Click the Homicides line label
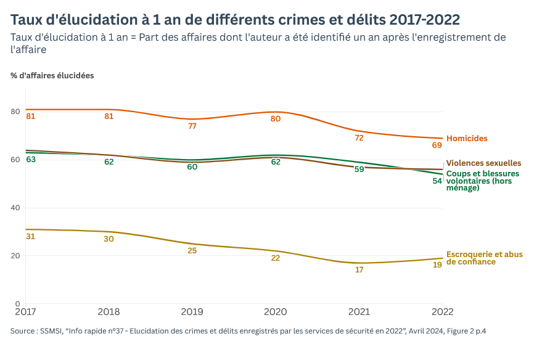point(467,139)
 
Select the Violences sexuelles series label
point(483,163)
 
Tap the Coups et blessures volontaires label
point(482,181)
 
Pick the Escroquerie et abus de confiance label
point(484,258)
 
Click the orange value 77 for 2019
point(192,126)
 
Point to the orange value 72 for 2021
point(359,138)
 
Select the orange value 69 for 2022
point(437,145)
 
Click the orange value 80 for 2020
point(276,118)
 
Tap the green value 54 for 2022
point(437,181)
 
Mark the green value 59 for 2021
point(359,170)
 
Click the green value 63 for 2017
point(30,160)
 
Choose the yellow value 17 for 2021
point(359,270)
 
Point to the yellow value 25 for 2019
point(192,251)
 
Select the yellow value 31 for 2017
point(30,236)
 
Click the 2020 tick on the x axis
point(275,311)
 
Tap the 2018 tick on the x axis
point(109,311)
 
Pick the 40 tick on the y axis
point(15,208)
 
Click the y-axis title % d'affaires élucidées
point(52,76)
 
